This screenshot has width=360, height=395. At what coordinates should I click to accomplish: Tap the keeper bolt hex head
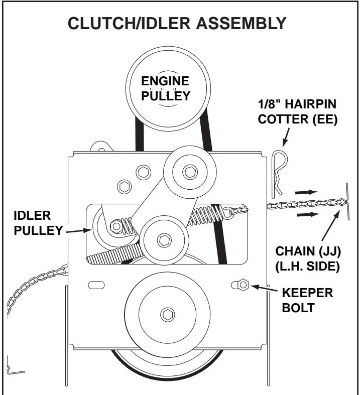point(243,285)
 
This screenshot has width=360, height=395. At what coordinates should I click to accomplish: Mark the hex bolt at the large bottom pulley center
point(166,315)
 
